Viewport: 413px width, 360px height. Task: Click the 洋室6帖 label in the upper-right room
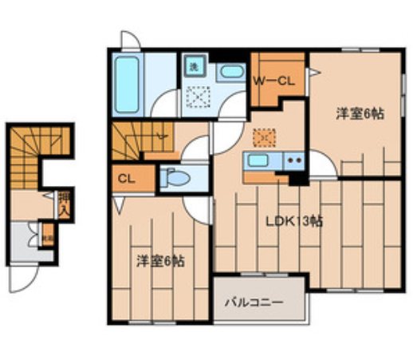pyautogui.click(x=358, y=114)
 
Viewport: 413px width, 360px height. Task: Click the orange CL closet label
pyautogui.click(x=126, y=179)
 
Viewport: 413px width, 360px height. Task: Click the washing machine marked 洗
pyautogui.click(x=194, y=69)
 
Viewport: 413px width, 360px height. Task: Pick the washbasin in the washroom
pyautogui.click(x=230, y=72)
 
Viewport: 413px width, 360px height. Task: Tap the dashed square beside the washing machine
pyautogui.click(x=196, y=97)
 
